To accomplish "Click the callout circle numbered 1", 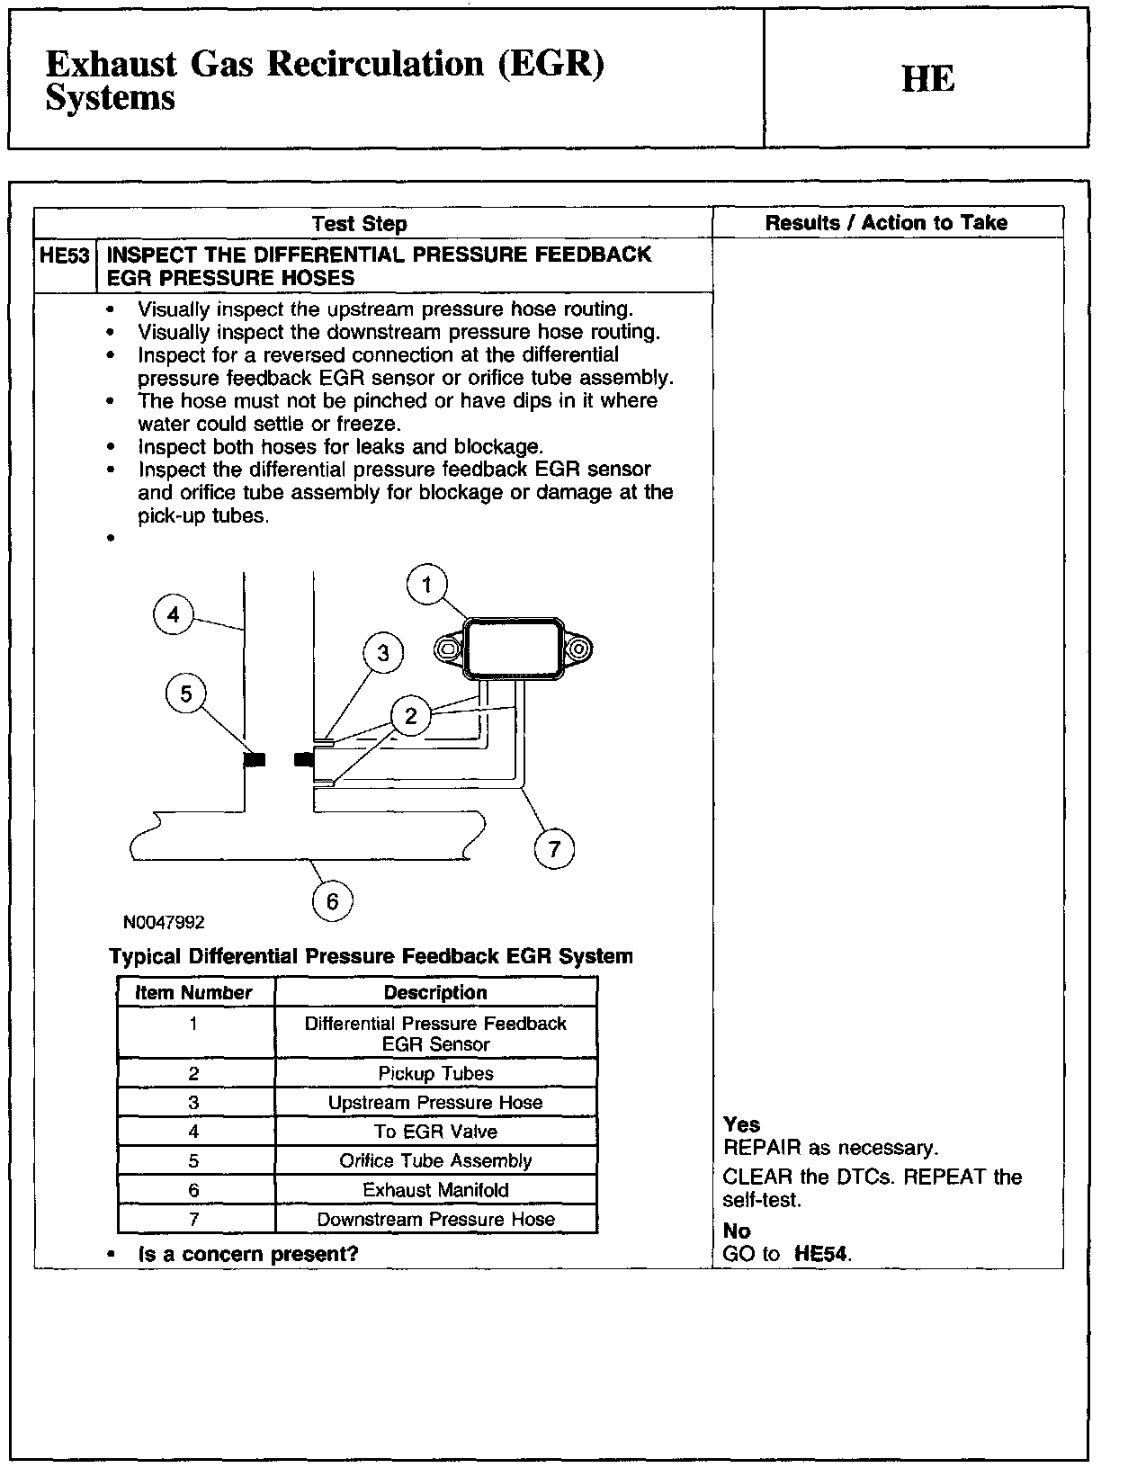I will click(x=427, y=586).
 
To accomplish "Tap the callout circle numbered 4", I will click(x=174, y=614).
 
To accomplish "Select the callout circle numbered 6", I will click(x=332, y=901).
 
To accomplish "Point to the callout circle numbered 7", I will click(x=554, y=848).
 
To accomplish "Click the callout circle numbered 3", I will click(x=383, y=653).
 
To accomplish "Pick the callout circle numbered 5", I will click(x=186, y=694).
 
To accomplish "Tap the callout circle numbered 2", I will click(x=411, y=716).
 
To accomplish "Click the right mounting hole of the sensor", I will click(x=578, y=649).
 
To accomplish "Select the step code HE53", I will click(x=65, y=255).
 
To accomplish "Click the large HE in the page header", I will click(x=927, y=80).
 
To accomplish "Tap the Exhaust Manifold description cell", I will click(x=435, y=1190).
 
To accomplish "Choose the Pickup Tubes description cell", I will click(x=435, y=1073).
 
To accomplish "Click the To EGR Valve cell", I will click(x=435, y=1132).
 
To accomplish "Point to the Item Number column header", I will click(x=193, y=993).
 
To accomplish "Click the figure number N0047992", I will click(x=165, y=922).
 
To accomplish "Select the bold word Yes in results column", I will click(x=741, y=1124).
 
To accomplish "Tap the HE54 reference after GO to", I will click(x=821, y=1254).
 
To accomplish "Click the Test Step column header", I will click(x=359, y=224).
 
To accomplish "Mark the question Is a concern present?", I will click(x=248, y=1254).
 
